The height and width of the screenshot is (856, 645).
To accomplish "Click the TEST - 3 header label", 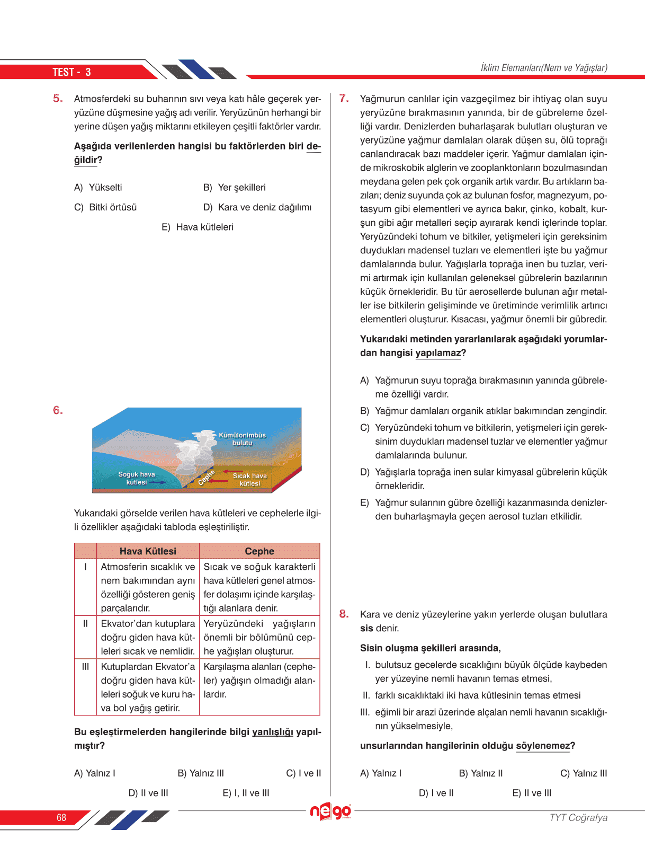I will click(71, 72).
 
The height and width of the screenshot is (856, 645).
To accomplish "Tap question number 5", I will click(58, 98).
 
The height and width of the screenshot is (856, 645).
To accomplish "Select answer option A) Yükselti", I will click(98, 188).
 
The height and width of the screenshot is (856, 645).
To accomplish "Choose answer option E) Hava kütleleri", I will click(198, 227).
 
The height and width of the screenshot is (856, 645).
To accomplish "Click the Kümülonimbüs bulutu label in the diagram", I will click(242, 439).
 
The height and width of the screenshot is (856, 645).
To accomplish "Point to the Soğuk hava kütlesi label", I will click(137, 478).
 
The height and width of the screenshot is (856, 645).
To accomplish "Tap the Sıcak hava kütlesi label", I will click(250, 480).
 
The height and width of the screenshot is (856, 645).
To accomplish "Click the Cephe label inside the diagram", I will click(206, 477).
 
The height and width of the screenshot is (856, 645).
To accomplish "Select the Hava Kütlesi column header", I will click(148, 551).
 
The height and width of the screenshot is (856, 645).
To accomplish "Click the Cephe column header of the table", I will click(259, 551).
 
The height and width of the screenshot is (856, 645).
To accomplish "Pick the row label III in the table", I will click(85, 667).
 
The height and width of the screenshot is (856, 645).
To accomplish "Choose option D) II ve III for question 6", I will click(148, 793).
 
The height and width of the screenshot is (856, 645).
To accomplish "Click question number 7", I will click(344, 98).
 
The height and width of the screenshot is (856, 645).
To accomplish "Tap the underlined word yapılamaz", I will click(438, 353).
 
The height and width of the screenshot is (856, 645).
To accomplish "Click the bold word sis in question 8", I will click(366, 629).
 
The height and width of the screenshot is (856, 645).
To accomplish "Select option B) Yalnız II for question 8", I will click(481, 773).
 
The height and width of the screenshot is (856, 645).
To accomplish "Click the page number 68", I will click(61, 817).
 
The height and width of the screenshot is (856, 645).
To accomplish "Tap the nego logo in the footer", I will click(330, 811).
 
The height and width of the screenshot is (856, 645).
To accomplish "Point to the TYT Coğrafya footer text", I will click(578, 817).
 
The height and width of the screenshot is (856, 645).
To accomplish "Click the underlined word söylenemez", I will click(543, 746).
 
